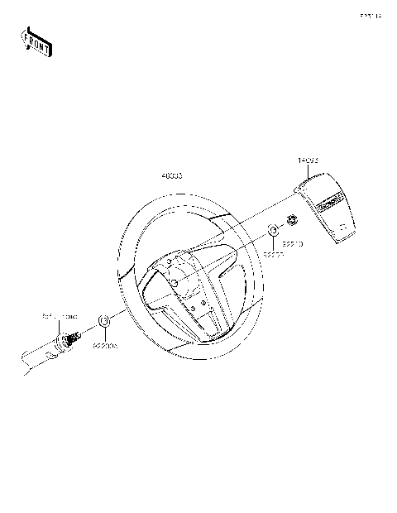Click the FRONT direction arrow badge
pyautogui.click(x=35, y=41)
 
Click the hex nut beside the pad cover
pyautogui.click(x=292, y=220)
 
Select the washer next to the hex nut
pyautogui.click(x=274, y=229)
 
